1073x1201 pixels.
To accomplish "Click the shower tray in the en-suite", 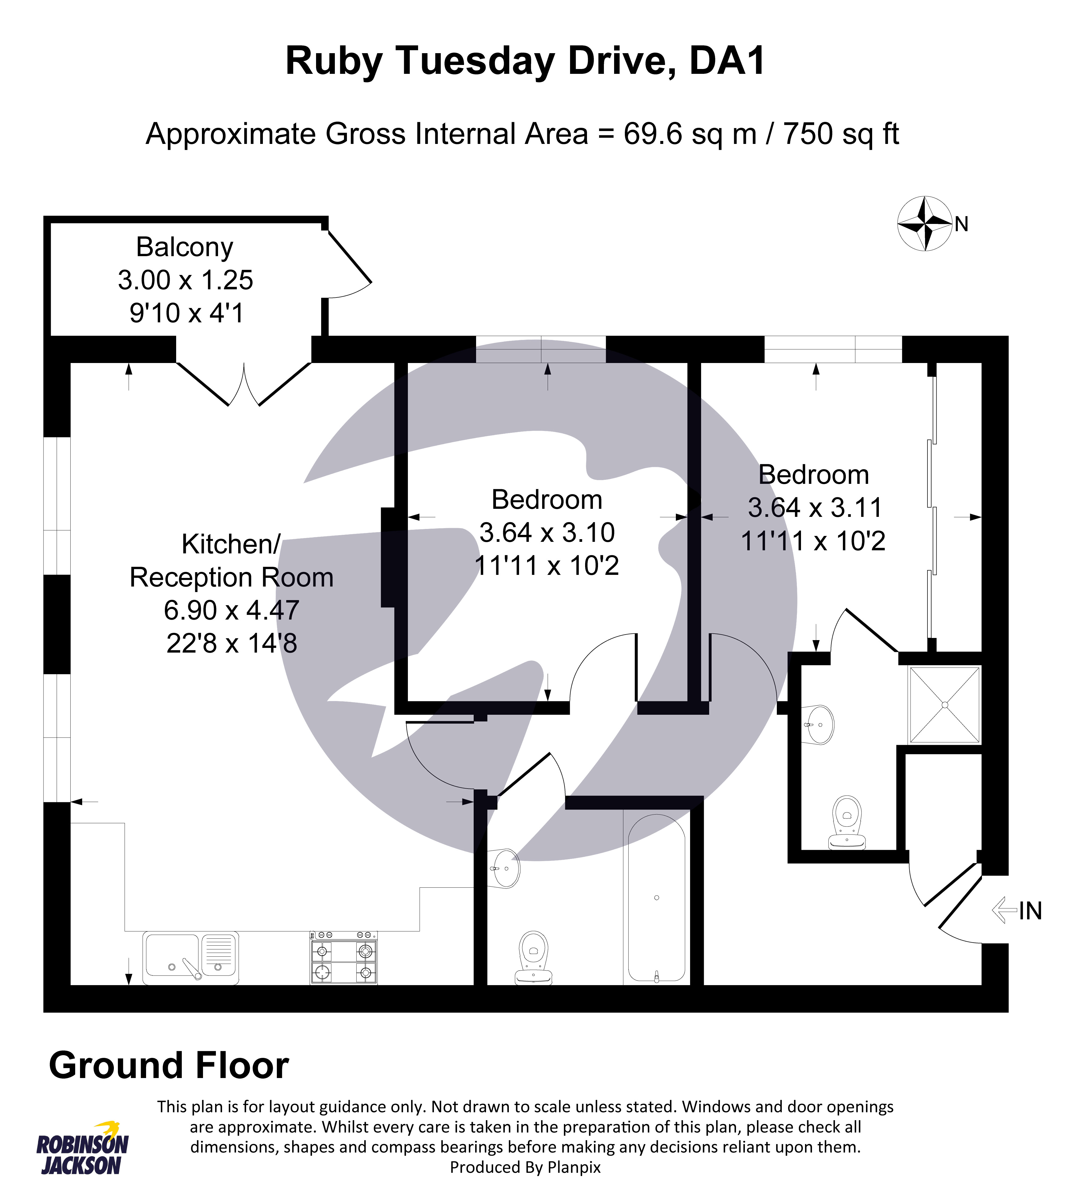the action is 944,705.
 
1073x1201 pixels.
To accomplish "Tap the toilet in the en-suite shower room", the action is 847,822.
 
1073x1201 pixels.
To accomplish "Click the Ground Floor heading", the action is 169,1065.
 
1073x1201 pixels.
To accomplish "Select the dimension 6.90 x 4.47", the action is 232,610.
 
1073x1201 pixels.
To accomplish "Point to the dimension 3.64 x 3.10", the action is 547,533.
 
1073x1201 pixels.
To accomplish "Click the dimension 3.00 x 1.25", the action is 185,280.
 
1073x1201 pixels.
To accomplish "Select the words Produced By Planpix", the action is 525,1167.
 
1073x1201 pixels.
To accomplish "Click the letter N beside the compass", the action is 962,224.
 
